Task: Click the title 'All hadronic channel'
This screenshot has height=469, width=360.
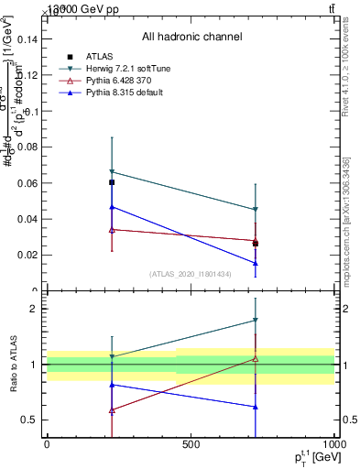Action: (x=191, y=37)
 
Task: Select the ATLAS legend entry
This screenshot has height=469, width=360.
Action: (x=100, y=57)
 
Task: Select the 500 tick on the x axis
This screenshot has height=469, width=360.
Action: (x=191, y=444)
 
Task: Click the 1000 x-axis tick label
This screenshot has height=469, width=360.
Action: (x=333, y=444)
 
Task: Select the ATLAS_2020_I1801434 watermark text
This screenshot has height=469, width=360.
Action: (x=191, y=274)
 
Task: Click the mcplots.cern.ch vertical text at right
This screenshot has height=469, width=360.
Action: (x=346, y=220)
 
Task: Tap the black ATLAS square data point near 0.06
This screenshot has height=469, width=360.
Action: (x=112, y=182)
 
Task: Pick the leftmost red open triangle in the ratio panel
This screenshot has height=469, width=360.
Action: (x=112, y=410)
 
